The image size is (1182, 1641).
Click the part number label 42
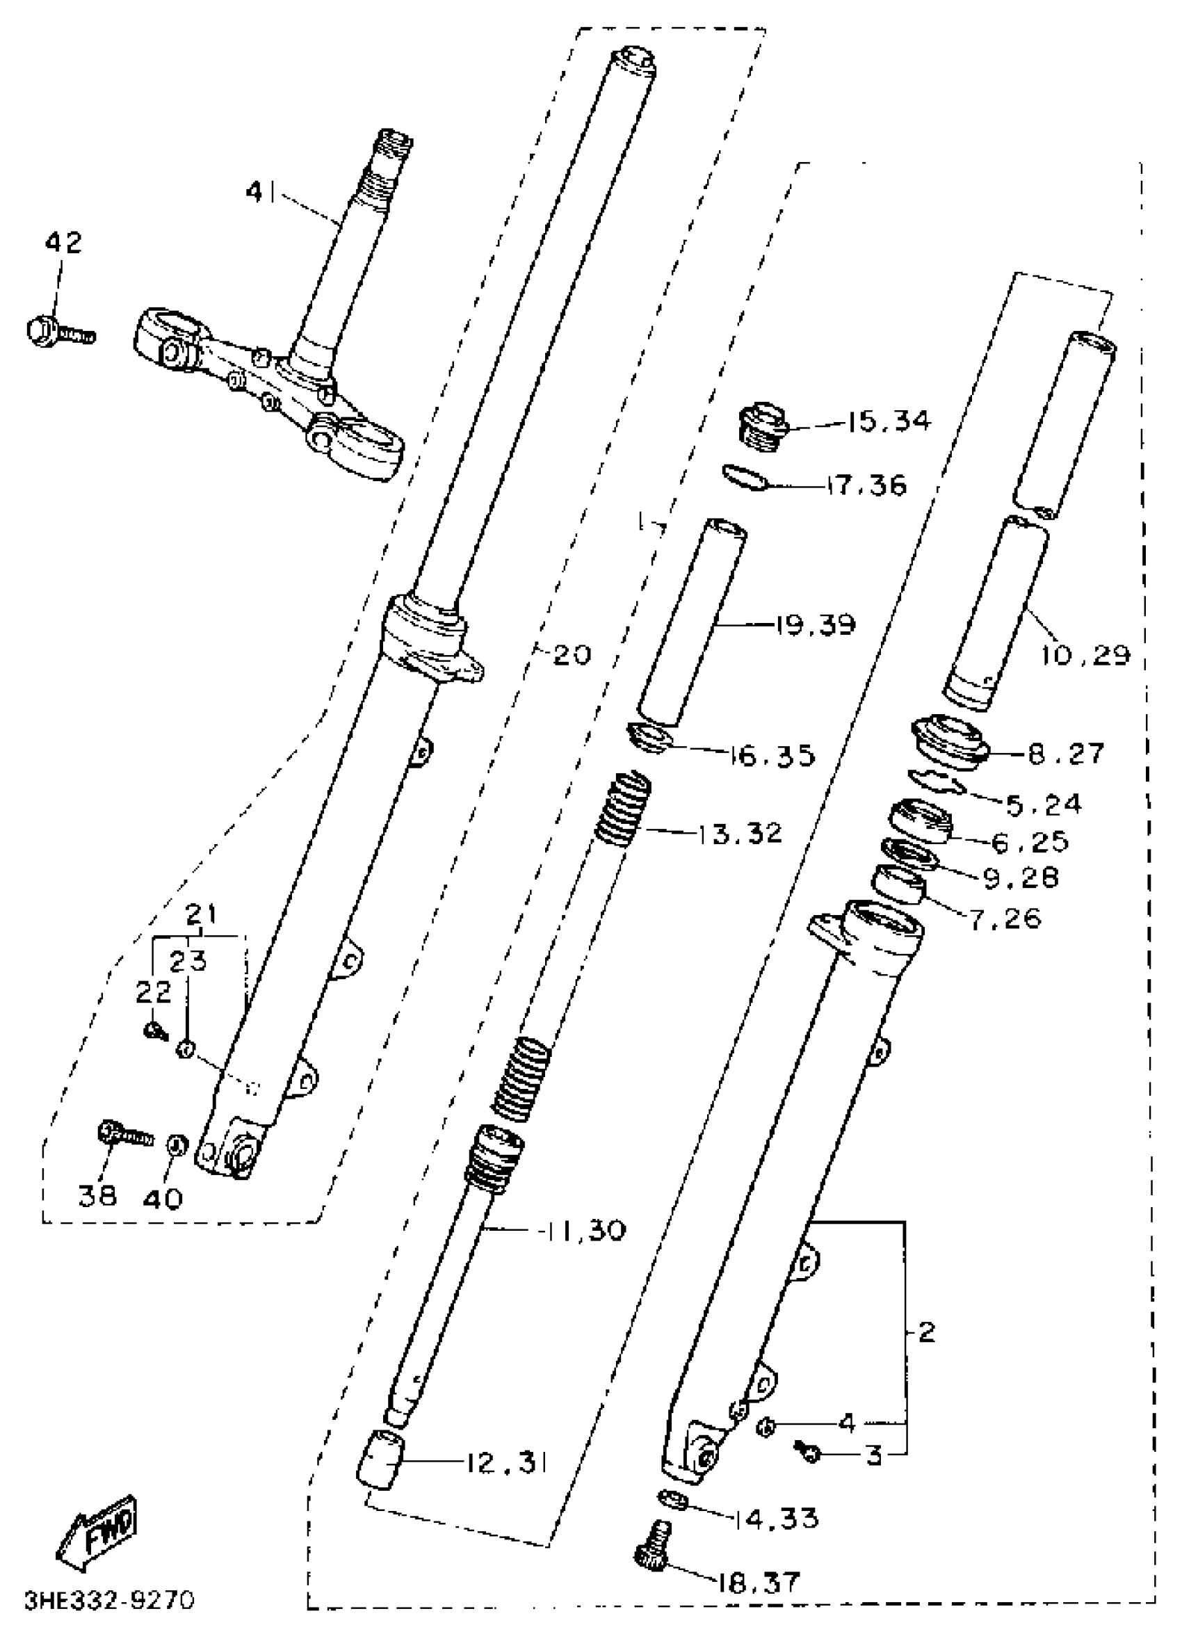pyautogui.click(x=64, y=243)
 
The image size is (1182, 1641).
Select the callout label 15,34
pyautogui.click(x=888, y=421)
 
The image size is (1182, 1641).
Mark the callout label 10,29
pyautogui.click(x=1085, y=655)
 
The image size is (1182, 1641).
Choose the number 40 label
pyautogui.click(x=162, y=1199)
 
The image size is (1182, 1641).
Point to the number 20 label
pyautogui.click(x=572, y=655)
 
